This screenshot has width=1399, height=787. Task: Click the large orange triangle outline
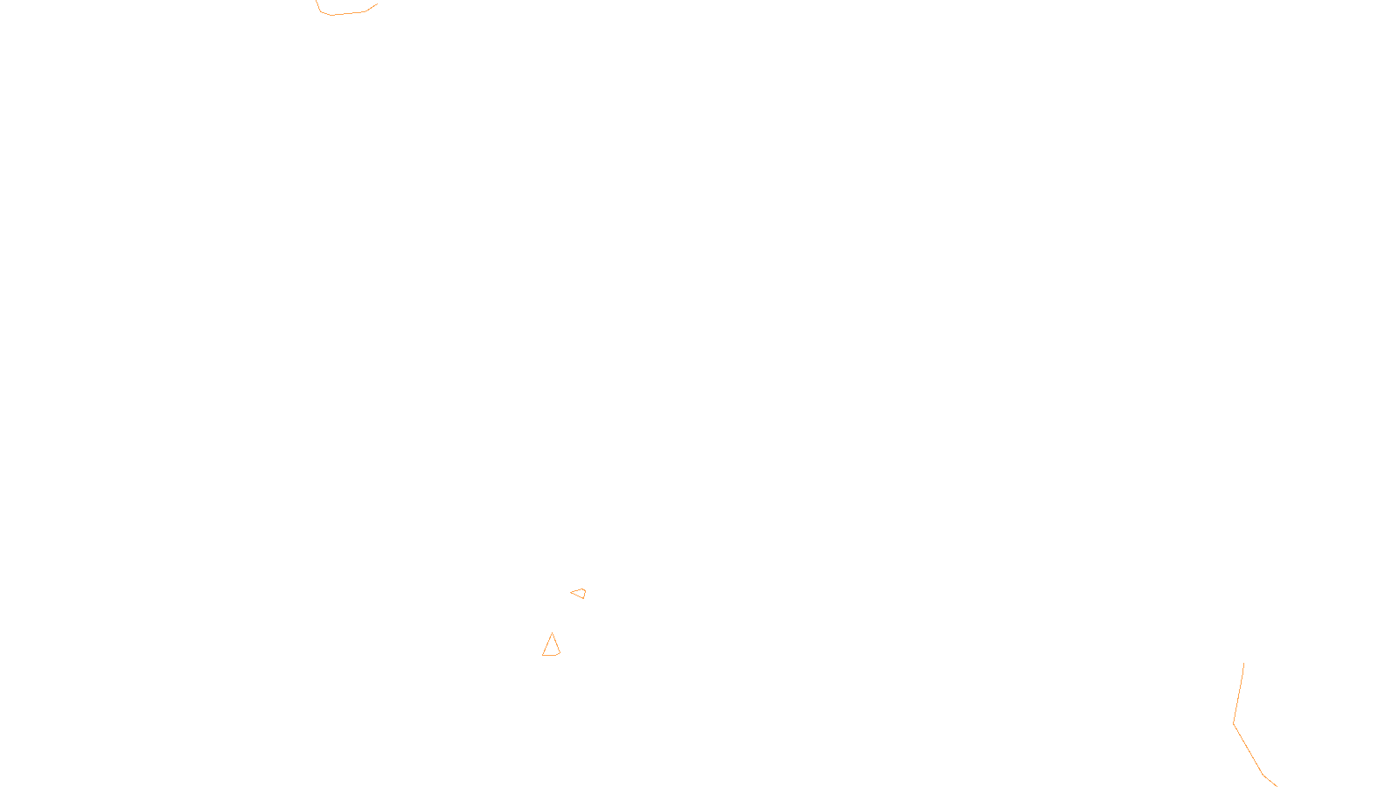[551, 646]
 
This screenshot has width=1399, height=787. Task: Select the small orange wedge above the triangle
[579, 594]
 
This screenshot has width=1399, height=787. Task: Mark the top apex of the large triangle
[552, 633]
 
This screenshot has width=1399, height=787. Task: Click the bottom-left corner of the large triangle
[543, 655]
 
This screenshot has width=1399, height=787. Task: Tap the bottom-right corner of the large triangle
[560, 652]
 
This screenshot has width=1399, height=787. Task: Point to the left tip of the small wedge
[571, 593]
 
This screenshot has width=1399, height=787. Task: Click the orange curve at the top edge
[345, 13]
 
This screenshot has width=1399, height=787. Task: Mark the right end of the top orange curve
[377, 4]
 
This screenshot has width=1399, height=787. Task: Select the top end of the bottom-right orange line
[1243, 664]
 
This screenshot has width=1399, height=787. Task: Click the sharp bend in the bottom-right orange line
[1234, 724]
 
